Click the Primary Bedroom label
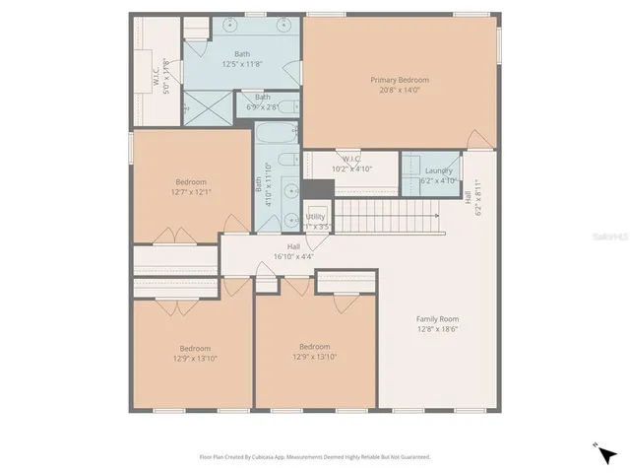point(400,80)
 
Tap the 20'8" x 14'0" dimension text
point(400,90)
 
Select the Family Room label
point(437,319)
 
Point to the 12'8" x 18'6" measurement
point(437,329)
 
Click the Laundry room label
point(439,170)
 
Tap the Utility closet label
point(315,216)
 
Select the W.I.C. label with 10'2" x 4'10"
point(351,159)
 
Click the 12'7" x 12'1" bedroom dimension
point(191,191)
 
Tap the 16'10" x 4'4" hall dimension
point(293,256)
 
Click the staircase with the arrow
point(388,216)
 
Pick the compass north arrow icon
point(604,452)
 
